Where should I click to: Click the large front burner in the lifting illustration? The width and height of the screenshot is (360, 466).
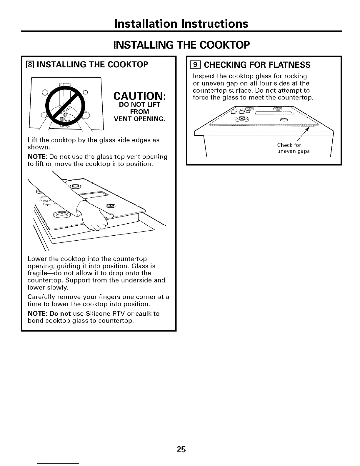pos(61,214)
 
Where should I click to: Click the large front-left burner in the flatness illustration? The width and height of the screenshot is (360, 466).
pos(242,119)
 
